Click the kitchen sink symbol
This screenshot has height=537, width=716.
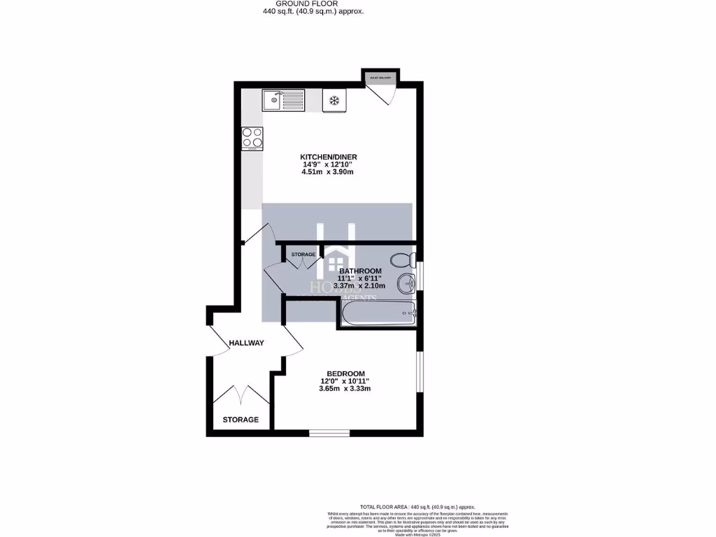284,101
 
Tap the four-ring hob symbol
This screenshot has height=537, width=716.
252,138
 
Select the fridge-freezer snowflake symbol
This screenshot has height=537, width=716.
334,101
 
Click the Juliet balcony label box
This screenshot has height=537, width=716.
380,77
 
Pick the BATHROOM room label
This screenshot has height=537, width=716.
360,271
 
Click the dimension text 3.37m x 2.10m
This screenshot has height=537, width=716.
360,287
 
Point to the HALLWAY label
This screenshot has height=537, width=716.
247,343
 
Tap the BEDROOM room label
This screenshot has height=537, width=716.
344,373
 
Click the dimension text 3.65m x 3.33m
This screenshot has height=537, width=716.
344,389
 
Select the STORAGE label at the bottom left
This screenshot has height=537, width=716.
241,420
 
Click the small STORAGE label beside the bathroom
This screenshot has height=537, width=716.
303,255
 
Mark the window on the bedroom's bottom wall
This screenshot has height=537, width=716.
330,433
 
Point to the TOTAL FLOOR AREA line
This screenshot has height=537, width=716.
417,507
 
